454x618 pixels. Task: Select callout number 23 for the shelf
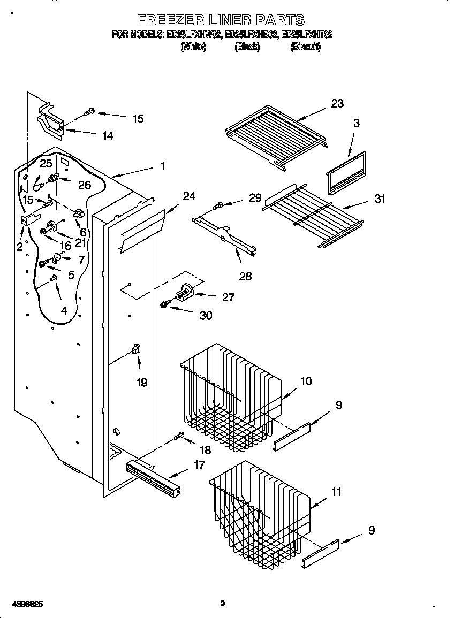pos(337,103)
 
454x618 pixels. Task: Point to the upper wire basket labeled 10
pos(230,396)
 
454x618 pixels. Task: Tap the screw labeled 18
pos(180,437)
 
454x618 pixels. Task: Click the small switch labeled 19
pos(136,349)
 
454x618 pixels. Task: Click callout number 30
pos(206,316)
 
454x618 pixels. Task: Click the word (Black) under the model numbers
pos(247,47)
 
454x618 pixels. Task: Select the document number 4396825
pos(22,604)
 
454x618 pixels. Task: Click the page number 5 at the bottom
pos(223,603)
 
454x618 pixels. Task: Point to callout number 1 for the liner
pos(163,166)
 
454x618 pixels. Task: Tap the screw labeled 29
pos(218,205)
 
